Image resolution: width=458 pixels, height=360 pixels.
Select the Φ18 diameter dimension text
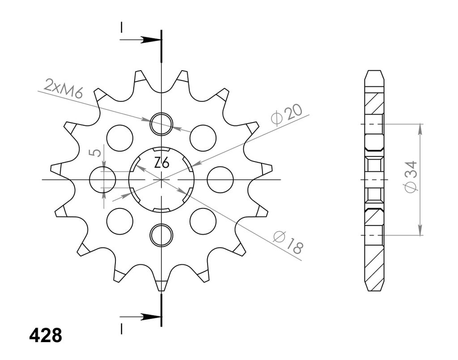(288, 242)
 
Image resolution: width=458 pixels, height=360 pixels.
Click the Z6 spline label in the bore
(161, 163)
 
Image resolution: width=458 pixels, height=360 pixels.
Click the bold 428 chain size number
(46, 335)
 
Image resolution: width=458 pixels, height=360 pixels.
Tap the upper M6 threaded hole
(161, 123)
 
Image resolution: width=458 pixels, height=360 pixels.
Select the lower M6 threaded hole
(161, 235)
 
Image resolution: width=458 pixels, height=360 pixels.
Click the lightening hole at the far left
(102, 180)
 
